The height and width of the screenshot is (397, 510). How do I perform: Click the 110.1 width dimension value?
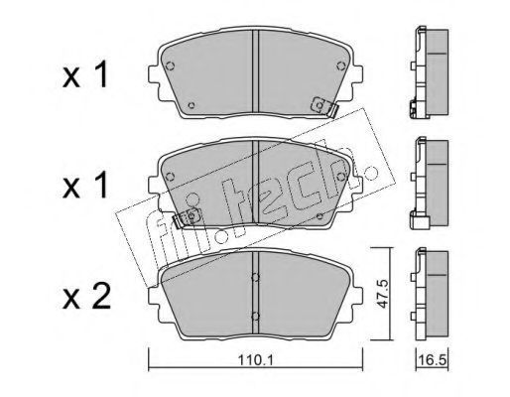coord(256,360)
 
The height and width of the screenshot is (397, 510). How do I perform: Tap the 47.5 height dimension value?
coord(382,294)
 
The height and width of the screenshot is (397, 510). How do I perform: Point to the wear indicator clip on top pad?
coord(324,106)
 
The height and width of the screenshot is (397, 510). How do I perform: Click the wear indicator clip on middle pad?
coord(186,218)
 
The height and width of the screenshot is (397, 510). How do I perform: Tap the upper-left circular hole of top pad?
coord(170,66)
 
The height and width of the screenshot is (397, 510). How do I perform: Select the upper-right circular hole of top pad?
coord(340,66)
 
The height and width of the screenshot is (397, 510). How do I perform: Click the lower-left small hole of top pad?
coord(191,105)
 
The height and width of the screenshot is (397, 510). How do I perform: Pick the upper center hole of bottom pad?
coord(255,277)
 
